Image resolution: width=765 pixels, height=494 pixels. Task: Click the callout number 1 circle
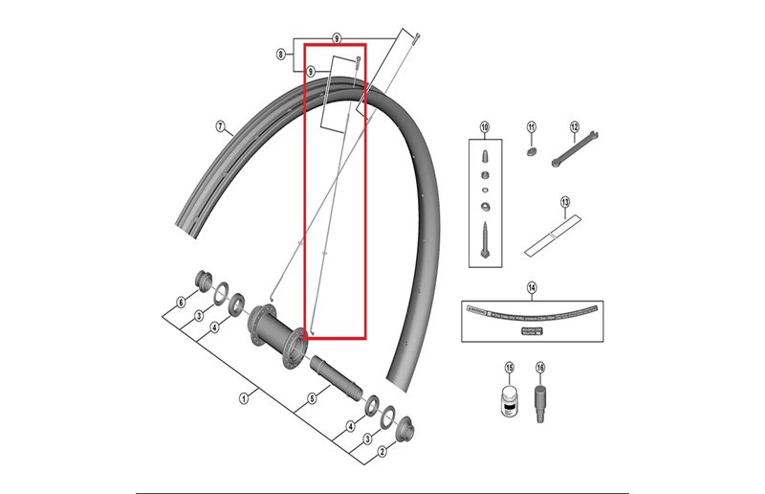[x=243, y=397]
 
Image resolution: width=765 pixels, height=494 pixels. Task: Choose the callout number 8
[x=280, y=55]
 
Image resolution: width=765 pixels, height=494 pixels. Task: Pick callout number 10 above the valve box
[x=484, y=126]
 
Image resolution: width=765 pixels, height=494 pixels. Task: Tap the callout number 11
[x=532, y=126]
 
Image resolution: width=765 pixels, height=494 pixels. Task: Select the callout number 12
[x=575, y=126]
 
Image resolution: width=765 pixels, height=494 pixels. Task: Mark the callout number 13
[x=565, y=202]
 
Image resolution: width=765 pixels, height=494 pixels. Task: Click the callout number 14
[x=532, y=286]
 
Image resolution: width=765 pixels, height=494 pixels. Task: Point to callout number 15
[x=510, y=368]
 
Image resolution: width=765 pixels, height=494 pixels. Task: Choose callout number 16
[x=540, y=368]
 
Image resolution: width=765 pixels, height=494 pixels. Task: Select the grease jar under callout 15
[x=510, y=400]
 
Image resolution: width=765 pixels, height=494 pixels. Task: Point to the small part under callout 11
[x=532, y=149]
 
